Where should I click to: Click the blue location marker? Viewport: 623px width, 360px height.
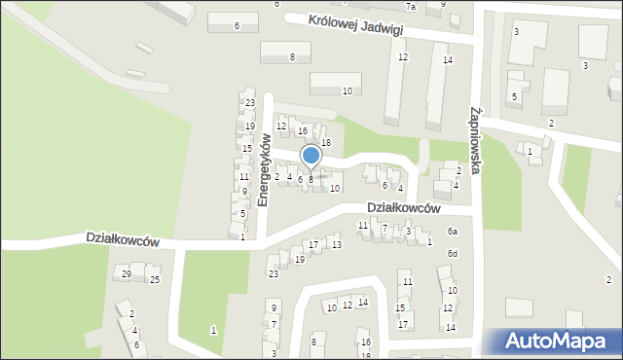click(x=311, y=156)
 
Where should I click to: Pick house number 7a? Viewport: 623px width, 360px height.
click(x=412, y=7)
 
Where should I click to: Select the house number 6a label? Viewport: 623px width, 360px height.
click(x=452, y=231)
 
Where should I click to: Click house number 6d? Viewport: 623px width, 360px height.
click(x=452, y=254)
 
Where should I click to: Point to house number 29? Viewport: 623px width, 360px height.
click(x=127, y=274)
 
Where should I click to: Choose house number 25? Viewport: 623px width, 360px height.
click(x=154, y=280)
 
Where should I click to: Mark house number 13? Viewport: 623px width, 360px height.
click(x=337, y=244)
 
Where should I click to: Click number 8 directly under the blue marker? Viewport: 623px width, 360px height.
click(x=311, y=179)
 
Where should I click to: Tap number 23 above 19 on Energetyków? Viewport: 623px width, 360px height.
click(x=250, y=103)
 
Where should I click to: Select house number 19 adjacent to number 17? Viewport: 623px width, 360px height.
click(x=299, y=260)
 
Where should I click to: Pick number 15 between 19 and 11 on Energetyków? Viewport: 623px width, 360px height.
click(x=247, y=149)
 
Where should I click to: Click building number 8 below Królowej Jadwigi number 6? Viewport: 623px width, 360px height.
click(x=292, y=57)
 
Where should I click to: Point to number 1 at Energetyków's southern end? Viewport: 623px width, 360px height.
click(x=242, y=236)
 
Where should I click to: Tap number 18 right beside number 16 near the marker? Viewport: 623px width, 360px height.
click(x=326, y=143)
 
